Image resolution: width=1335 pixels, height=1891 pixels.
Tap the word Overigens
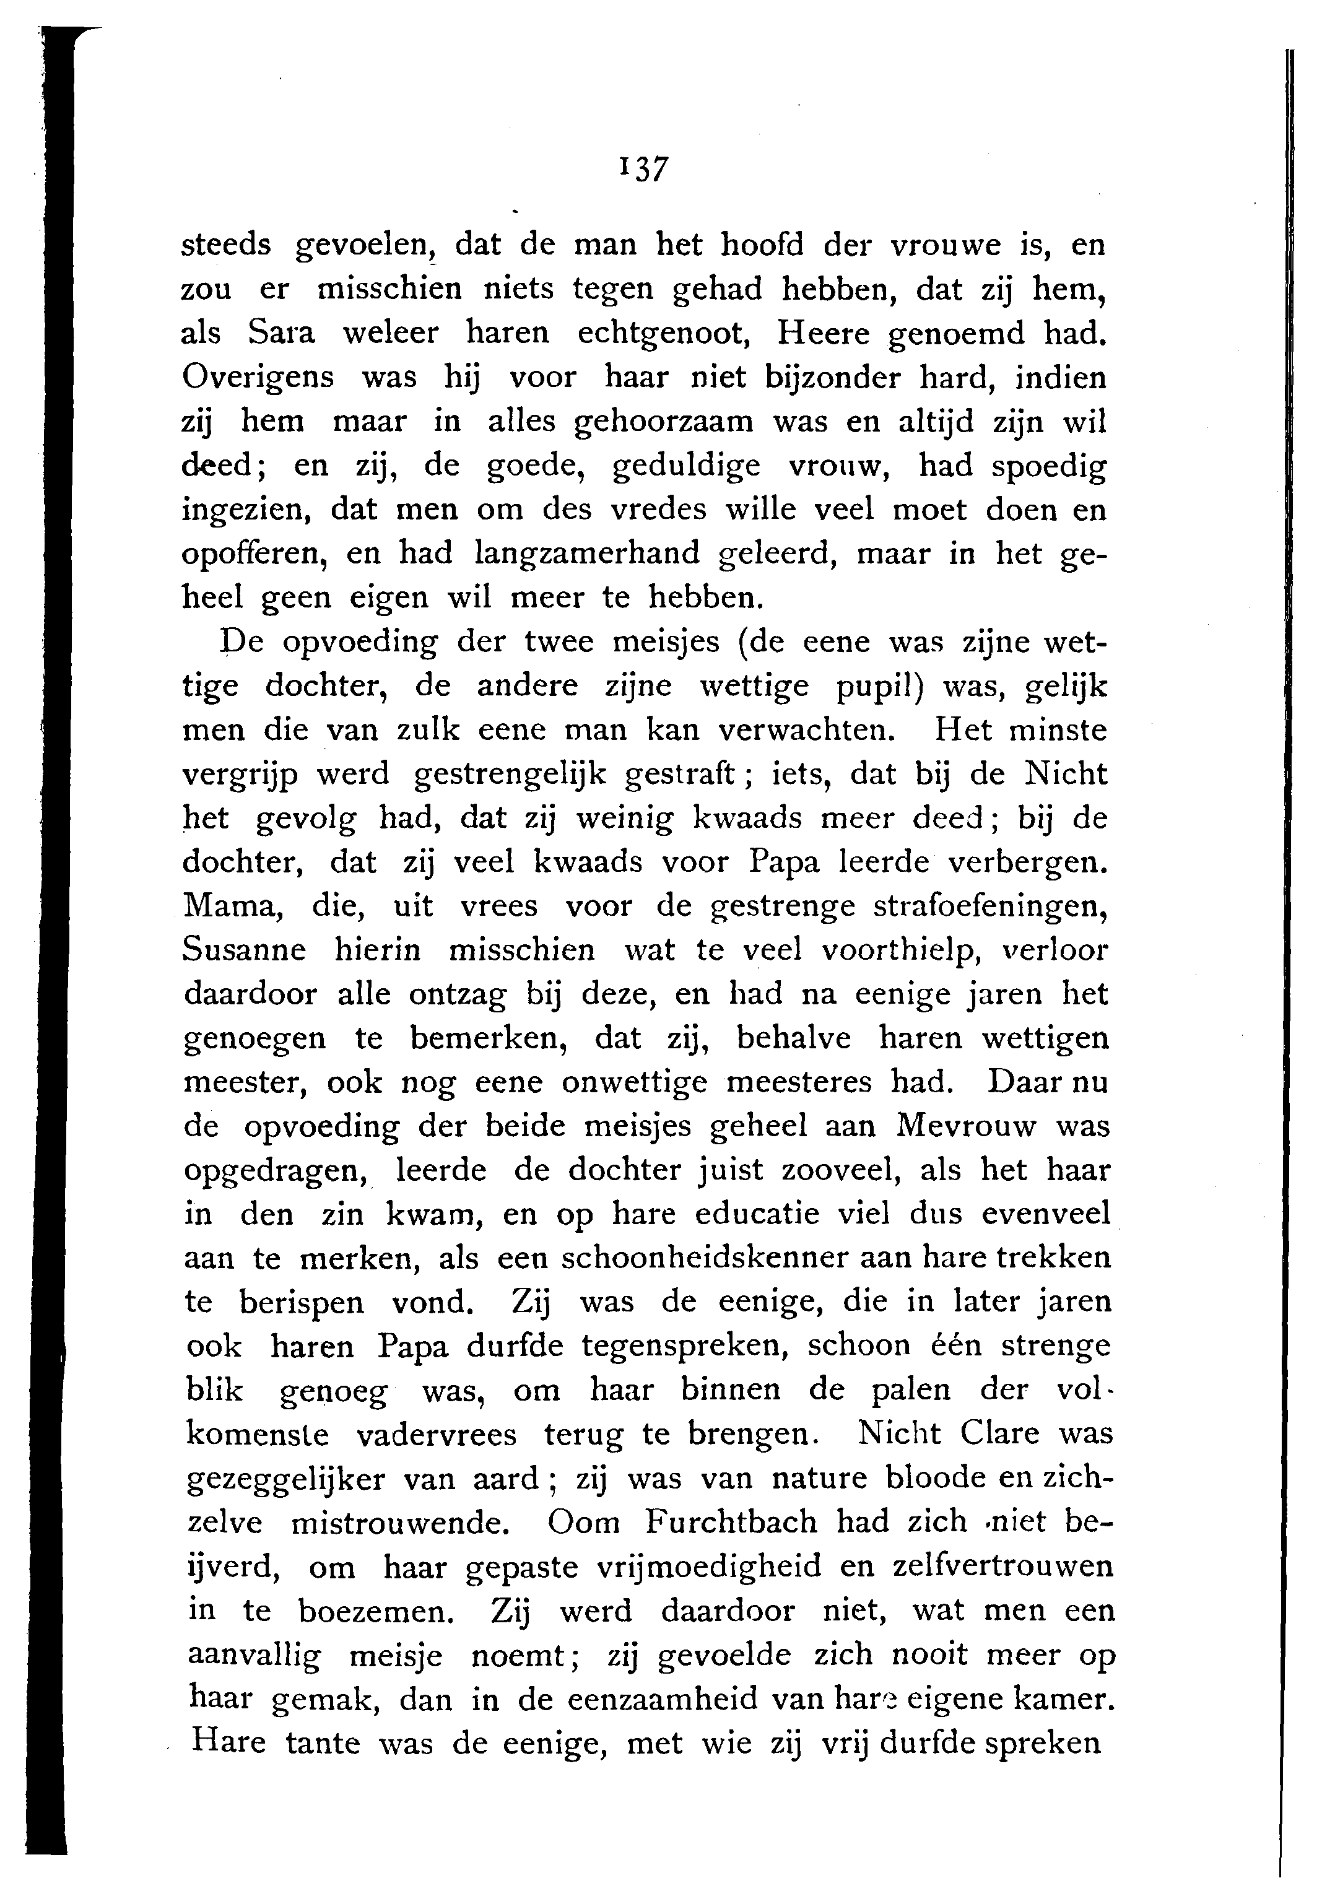click(x=258, y=378)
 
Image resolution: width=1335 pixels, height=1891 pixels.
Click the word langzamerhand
click(x=587, y=554)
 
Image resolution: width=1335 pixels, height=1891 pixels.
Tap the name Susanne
click(x=244, y=950)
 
